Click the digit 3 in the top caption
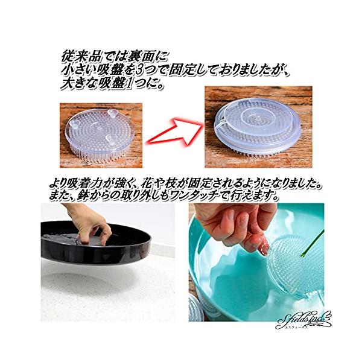click(139, 71)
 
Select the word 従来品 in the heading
click(81, 57)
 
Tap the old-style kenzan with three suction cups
click(100, 135)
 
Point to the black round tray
click(96, 243)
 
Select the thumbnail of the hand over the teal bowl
click(256, 262)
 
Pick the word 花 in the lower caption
click(147, 185)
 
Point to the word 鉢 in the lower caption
click(80, 195)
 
